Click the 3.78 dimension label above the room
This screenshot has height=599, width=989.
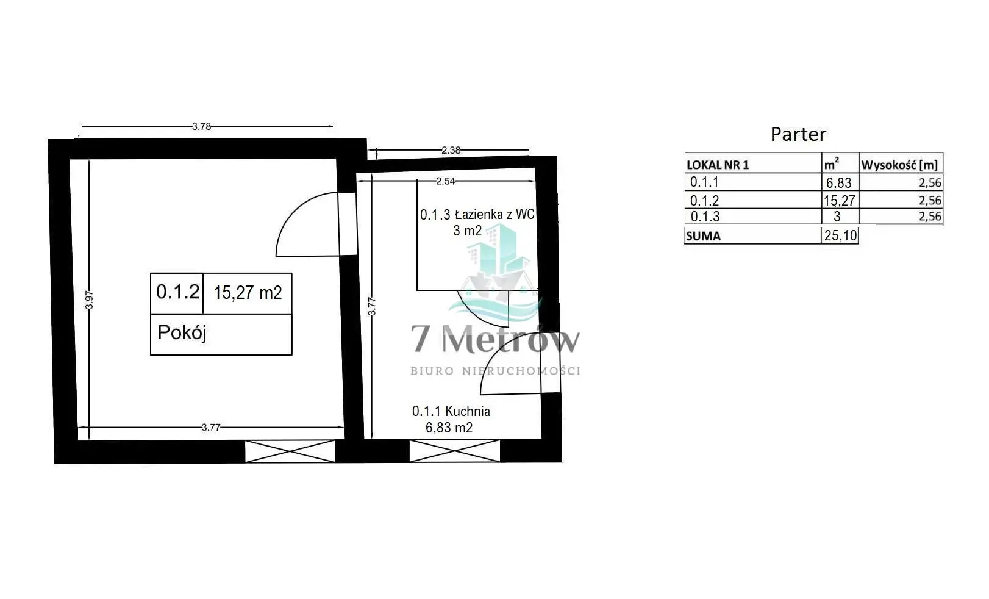pos(201,126)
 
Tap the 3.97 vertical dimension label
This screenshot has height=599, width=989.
pos(89,300)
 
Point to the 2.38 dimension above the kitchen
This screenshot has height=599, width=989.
pos(451,150)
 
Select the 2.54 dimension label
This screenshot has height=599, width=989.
pos(445,181)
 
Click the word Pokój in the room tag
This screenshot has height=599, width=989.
pos(182,332)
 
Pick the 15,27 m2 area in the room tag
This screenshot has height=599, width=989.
pos(248,292)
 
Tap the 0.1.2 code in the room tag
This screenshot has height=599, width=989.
pos(178,292)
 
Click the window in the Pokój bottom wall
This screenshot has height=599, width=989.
pos(290,451)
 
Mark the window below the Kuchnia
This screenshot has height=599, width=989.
pos(455,451)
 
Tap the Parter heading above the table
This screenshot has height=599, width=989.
pos(798,134)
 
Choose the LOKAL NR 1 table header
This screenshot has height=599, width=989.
pos(718,165)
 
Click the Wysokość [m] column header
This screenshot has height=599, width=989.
pos(899,165)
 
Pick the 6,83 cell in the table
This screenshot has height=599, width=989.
pos(838,182)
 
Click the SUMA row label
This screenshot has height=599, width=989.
pos(704,236)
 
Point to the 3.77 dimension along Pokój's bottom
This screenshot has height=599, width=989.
pos(210,427)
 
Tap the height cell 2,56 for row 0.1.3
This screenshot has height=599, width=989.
pos(930,217)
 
